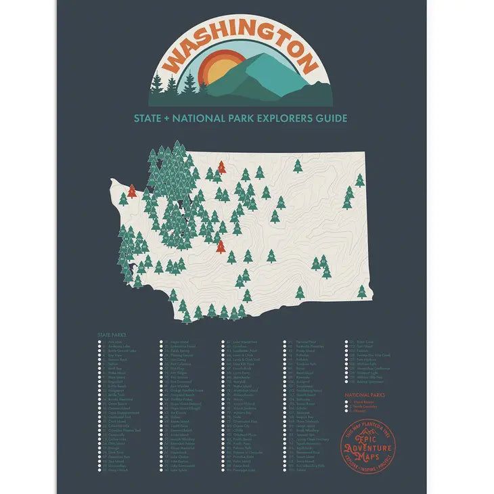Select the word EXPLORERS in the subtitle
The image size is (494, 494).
pos(275,118)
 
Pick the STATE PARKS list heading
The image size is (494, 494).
pos(112,334)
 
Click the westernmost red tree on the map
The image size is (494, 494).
pos(132,191)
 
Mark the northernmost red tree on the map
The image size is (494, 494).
pos(221,166)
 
